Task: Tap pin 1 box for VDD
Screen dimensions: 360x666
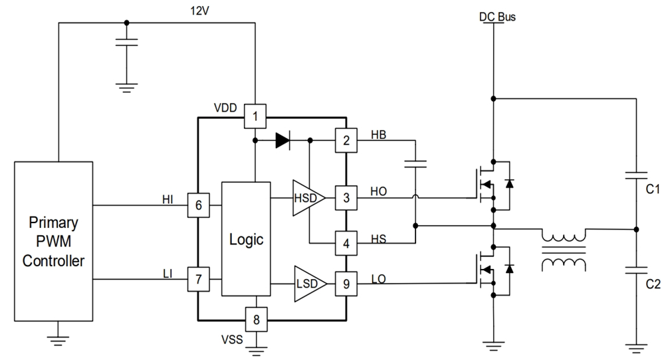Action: [255, 117]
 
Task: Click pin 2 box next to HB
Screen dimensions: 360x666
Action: [346, 140]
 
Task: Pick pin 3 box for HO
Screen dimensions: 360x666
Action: [346, 197]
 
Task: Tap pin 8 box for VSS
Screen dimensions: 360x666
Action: [255, 319]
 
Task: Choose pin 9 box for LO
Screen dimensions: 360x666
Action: [346, 284]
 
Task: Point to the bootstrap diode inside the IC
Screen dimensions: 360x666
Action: [282, 140]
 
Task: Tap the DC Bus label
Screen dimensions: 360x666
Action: [497, 17]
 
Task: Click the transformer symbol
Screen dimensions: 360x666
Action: [564, 250]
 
